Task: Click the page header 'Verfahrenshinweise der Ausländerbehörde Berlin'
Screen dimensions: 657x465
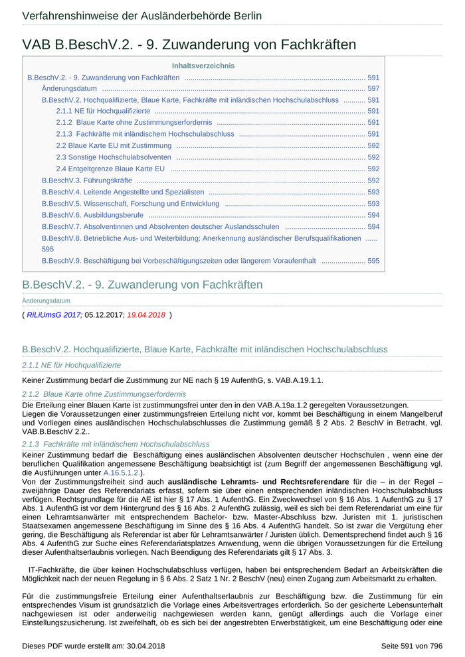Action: tap(141, 16)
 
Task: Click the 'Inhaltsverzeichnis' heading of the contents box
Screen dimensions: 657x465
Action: tap(203, 66)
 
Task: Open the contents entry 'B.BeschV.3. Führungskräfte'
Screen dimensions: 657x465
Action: tap(86, 181)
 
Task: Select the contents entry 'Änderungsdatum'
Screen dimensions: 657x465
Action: tap(69, 88)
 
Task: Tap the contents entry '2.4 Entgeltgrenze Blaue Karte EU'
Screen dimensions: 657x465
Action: tap(110, 169)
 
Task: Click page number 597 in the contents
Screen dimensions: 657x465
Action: tap(373, 88)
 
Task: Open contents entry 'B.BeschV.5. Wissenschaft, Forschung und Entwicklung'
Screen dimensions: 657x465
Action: tap(130, 203)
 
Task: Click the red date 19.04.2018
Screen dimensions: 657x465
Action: tap(145, 315)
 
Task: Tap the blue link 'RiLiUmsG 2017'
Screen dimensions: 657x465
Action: tap(54, 315)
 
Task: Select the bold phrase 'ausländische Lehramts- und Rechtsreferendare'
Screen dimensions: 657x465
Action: tap(258, 481)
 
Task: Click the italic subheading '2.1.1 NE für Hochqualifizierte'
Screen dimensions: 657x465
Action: tap(72, 365)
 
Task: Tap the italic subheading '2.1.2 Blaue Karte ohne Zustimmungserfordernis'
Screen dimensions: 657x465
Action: tap(104, 394)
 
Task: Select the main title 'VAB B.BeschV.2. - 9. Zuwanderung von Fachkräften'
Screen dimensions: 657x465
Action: tap(189, 44)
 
